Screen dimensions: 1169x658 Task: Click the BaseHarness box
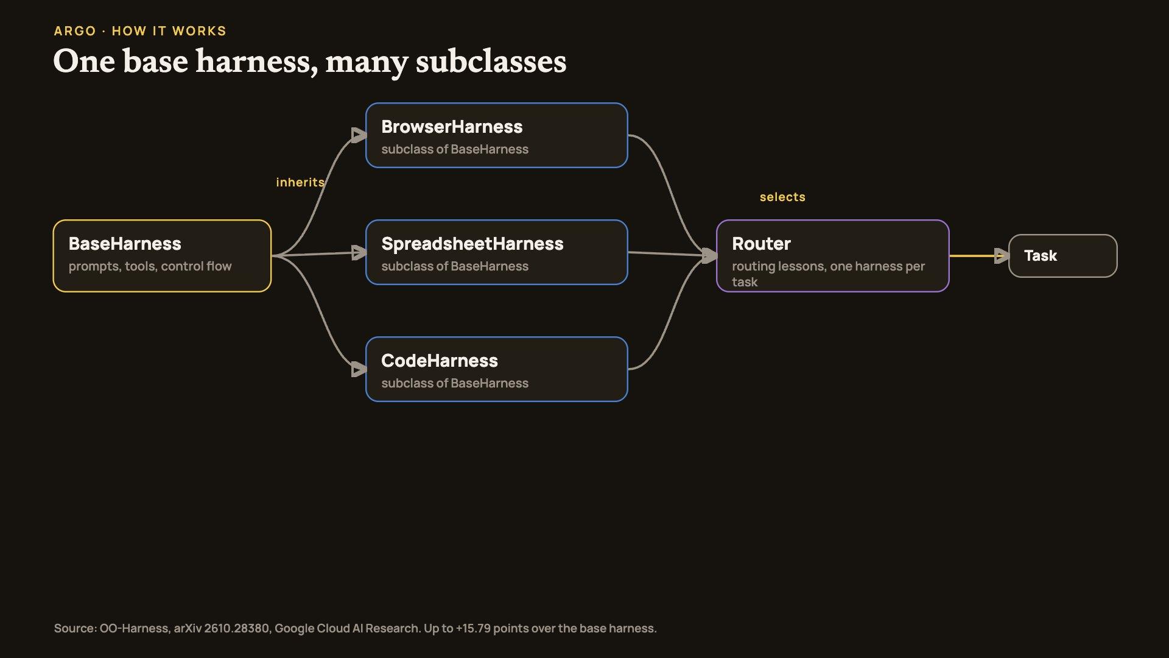(x=162, y=256)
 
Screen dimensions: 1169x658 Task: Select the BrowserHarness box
(x=497, y=135)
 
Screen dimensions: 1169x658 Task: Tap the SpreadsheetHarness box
(x=497, y=252)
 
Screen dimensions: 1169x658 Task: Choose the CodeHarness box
(x=497, y=369)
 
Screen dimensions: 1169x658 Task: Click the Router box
(x=833, y=256)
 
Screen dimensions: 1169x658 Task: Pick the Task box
(x=1063, y=256)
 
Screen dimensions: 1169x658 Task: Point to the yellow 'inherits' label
(x=300, y=182)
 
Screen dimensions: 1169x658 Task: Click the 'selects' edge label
(x=782, y=197)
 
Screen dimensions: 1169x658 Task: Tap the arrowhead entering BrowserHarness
(x=359, y=135)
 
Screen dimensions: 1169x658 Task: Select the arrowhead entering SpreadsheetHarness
(x=359, y=252)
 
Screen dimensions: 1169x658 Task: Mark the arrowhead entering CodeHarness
(x=359, y=369)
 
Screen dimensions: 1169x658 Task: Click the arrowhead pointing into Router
(x=710, y=256)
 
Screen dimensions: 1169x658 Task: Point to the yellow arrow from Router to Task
(x=979, y=256)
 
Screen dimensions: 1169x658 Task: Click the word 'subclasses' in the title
(x=491, y=62)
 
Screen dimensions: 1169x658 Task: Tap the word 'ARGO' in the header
(x=75, y=31)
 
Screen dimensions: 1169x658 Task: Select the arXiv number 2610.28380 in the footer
(x=237, y=628)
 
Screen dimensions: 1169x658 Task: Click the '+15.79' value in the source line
(x=473, y=628)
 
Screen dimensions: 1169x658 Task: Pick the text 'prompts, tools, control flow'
(x=150, y=266)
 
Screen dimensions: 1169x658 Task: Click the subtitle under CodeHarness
(x=455, y=383)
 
